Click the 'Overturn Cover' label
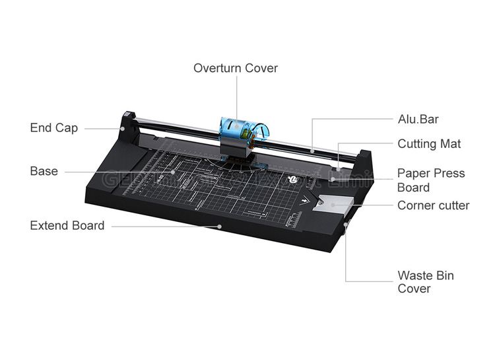tap(235, 68)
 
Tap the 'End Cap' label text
tap(53, 128)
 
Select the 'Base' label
tap(44, 171)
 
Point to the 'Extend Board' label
tap(67, 225)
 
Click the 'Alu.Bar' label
tap(418, 120)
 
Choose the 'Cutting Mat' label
tap(429, 144)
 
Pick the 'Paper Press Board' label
tap(431, 180)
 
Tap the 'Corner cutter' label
tap(433, 205)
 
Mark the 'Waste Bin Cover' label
tap(425, 282)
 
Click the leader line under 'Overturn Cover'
tap(235, 99)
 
